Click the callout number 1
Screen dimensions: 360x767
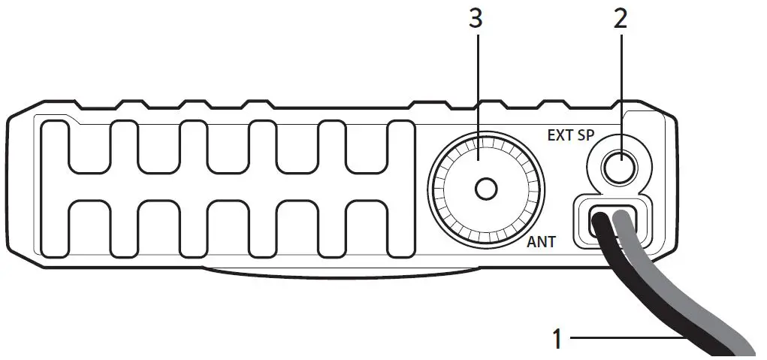(x=557, y=338)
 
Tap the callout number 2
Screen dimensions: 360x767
(x=620, y=20)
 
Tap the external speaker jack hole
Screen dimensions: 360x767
(x=619, y=167)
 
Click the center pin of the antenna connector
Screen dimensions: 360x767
(x=486, y=188)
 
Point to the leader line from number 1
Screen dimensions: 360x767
(x=631, y=339)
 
